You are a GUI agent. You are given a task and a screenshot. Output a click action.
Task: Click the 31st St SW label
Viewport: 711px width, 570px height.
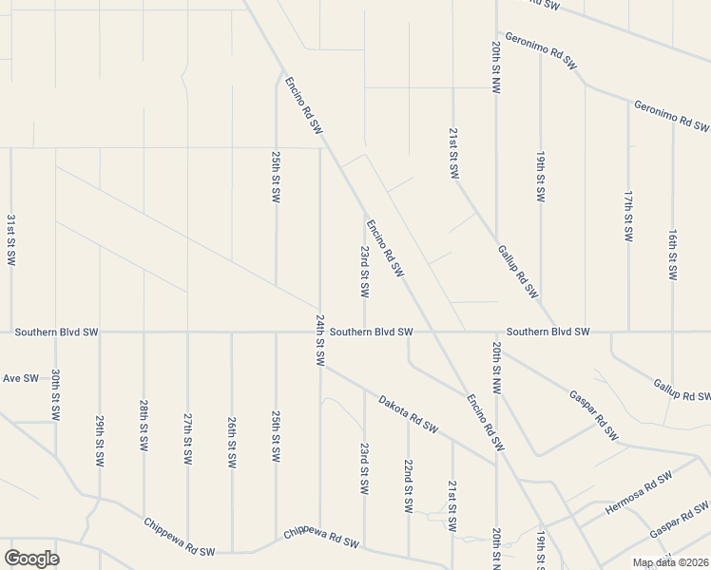(11, 239)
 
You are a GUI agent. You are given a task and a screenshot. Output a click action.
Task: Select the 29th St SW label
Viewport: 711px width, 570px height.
(100, 441)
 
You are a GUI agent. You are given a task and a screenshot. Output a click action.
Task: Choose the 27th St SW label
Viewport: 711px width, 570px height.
(188, 438)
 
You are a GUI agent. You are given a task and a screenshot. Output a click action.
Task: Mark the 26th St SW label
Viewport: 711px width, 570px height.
(232, 443)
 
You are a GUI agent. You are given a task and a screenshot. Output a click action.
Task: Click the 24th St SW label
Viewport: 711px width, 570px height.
(320, 340)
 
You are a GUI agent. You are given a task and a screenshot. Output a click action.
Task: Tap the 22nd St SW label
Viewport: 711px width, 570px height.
(408, 486)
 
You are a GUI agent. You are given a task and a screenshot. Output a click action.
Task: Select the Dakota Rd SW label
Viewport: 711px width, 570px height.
(407, 414)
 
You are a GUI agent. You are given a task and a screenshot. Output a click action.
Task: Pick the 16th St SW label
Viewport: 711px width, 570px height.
(672, 255)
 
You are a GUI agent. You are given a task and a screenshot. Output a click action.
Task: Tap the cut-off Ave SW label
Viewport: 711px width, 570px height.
(20, 378)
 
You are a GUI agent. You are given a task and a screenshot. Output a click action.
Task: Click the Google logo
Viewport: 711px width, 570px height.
(31, 559)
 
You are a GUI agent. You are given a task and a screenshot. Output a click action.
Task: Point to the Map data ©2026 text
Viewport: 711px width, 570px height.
(671, 562)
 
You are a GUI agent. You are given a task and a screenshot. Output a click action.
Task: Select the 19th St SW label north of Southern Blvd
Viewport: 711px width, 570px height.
(540, 176)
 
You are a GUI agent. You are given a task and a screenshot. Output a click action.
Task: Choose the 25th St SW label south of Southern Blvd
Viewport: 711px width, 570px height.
(276, 436)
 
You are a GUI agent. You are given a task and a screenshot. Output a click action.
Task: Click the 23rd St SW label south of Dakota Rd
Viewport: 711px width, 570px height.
(364, 466)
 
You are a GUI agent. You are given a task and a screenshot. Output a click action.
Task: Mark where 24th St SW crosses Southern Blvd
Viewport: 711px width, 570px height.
(320, 332)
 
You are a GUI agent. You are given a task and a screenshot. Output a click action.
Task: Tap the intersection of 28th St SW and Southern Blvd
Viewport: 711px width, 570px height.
(144, 332)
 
